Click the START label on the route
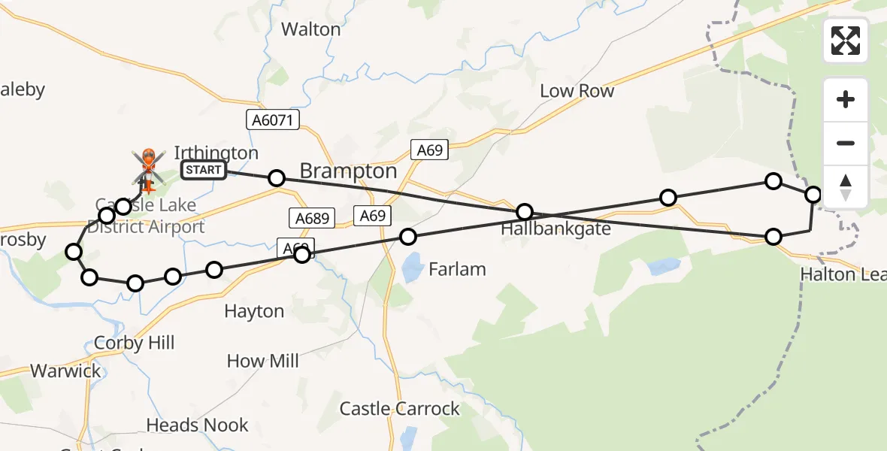203,170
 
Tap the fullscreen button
846,41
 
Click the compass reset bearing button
846,187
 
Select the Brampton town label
348,171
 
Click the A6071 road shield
273,120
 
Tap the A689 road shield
311,218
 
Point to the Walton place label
310,29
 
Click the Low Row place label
577,91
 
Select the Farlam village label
457,269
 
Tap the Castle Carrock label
399,409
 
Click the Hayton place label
255,311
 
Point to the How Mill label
263,361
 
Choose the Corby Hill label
135,344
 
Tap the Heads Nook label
197,425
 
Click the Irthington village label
216,153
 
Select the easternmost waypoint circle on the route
813,195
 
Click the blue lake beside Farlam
412,268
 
